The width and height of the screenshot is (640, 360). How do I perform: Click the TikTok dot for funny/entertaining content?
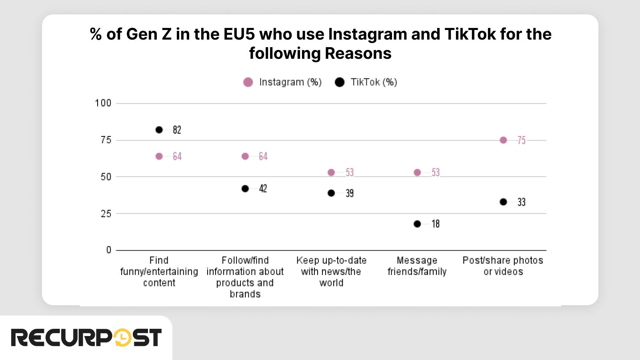[159, 130]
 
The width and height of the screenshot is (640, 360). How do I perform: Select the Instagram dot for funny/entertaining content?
[159, 156]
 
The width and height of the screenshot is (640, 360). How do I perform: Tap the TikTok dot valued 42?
[245, 188]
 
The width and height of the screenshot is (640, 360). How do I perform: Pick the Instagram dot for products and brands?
[245, 156]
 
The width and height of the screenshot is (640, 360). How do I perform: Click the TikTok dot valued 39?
[331, 193]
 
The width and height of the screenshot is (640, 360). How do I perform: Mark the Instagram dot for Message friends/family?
[417, 172]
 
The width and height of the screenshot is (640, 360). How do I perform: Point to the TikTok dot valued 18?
[417, 224]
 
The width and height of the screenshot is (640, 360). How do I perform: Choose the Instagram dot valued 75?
[503, 140]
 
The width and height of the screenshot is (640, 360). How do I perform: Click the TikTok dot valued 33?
[503, 202]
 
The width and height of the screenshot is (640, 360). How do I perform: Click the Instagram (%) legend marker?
[248, 82]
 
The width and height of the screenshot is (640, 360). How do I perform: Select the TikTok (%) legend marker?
[340, 82]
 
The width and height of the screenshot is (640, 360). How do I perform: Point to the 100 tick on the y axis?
[103, 103]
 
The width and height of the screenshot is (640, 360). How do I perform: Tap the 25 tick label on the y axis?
[106, 214]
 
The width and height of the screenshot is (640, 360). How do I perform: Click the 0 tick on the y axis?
[109, 250]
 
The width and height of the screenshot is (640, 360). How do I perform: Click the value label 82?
[177, 130]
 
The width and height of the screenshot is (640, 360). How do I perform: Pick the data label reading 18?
[436, 224]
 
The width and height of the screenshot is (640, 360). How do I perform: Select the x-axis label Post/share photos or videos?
[503, 266]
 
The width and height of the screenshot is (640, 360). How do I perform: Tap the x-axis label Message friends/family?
[417, 266]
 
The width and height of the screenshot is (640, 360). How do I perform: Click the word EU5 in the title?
[239, 34]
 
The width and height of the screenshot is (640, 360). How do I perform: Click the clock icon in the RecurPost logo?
[122, 338]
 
